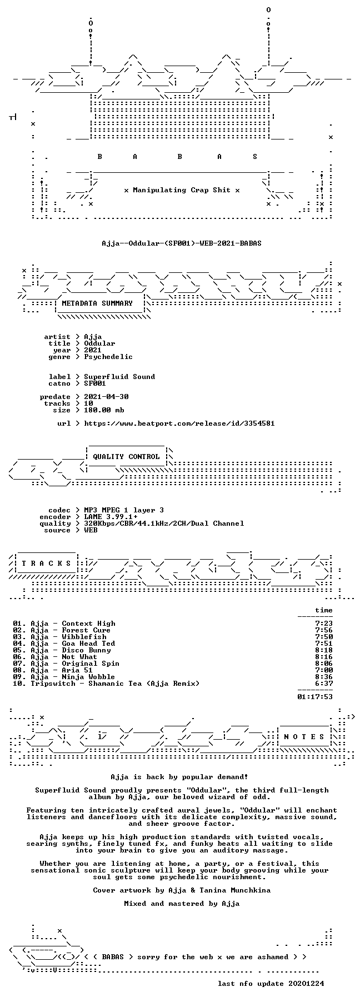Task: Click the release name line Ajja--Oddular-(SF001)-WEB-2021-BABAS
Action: click(182, 243)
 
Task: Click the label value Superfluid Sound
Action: click(119, 377)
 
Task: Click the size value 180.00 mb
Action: click(104, 410)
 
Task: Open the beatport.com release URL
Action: click(179, 423)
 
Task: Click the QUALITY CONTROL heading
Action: click(126, 457)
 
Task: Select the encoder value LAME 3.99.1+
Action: click(111, 517)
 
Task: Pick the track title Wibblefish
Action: click(84, 637)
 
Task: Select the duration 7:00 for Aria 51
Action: click(324, 670)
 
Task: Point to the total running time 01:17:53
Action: click(315, 697)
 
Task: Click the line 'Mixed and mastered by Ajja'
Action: click(182, 904)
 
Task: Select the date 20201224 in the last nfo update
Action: click(306, 984)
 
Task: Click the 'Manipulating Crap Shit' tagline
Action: click(182, 190)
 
